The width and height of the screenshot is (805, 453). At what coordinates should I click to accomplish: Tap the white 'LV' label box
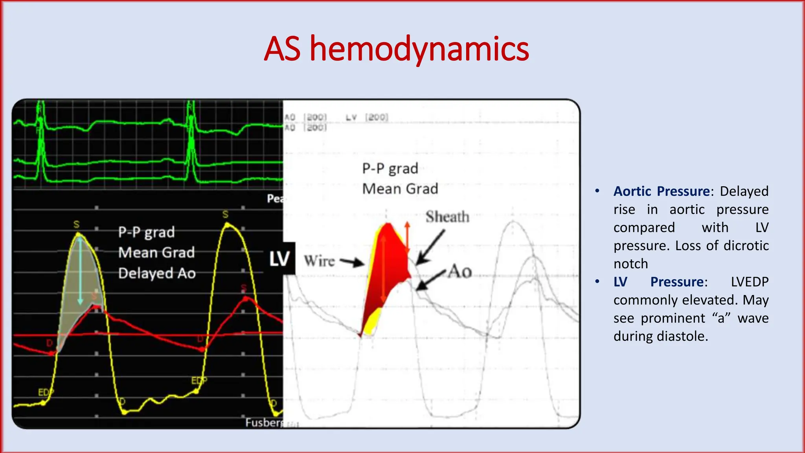(279, 259)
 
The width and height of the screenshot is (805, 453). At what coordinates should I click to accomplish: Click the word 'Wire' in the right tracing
(319, 261)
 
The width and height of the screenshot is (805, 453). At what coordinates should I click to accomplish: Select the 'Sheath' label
(447, 217)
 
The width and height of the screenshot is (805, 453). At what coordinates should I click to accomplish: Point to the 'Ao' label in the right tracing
(460, 271)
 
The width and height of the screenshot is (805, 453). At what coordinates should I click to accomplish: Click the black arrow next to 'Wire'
(352, 262)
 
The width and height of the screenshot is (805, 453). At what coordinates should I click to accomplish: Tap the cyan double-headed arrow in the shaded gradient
(80, 271)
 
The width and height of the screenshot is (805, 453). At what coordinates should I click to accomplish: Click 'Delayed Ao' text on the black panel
(157, 273)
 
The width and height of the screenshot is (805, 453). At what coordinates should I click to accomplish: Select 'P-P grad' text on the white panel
(390, 168)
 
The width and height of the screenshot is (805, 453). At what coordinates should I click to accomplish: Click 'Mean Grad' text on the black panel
(156, 252)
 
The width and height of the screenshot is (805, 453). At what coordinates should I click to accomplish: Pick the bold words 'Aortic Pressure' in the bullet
(662, 191)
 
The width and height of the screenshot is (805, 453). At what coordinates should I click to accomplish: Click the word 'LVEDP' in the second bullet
(750, 282)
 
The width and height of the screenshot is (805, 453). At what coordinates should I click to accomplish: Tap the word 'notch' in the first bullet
(630, 264)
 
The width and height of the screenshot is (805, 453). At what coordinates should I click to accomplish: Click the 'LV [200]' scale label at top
(367, 117)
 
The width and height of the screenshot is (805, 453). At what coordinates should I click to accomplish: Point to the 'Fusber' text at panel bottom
(263, 422)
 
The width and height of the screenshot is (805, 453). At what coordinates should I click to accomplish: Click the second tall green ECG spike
(191, 138)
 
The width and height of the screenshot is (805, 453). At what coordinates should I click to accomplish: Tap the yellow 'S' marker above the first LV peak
(76, 225)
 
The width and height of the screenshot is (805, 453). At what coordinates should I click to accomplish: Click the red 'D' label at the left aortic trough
(50, 343)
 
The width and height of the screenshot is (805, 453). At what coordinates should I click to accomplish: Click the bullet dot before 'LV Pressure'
(597, 282)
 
